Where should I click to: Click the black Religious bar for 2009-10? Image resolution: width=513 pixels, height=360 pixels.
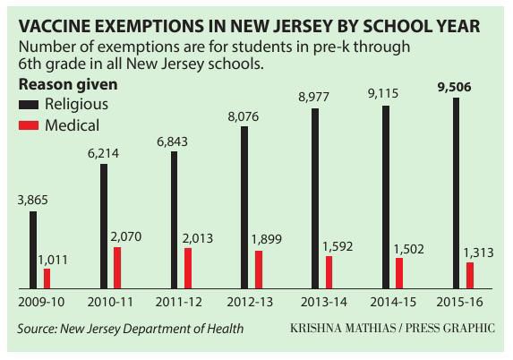33,250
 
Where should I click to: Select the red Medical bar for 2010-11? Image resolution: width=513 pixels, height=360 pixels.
117,268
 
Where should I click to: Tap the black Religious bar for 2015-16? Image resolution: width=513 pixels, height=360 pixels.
457,193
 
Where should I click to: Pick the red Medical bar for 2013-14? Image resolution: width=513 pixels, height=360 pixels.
329,272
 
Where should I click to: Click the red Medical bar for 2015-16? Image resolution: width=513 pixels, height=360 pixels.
470,276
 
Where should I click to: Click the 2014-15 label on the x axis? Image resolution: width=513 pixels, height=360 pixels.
393,301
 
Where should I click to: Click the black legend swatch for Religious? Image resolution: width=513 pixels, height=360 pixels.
30,104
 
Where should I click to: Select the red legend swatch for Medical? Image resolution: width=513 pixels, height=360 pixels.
30,125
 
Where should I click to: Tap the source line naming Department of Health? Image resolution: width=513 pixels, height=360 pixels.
130,329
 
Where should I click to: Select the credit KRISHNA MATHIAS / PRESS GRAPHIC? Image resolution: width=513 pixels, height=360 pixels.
392,329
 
